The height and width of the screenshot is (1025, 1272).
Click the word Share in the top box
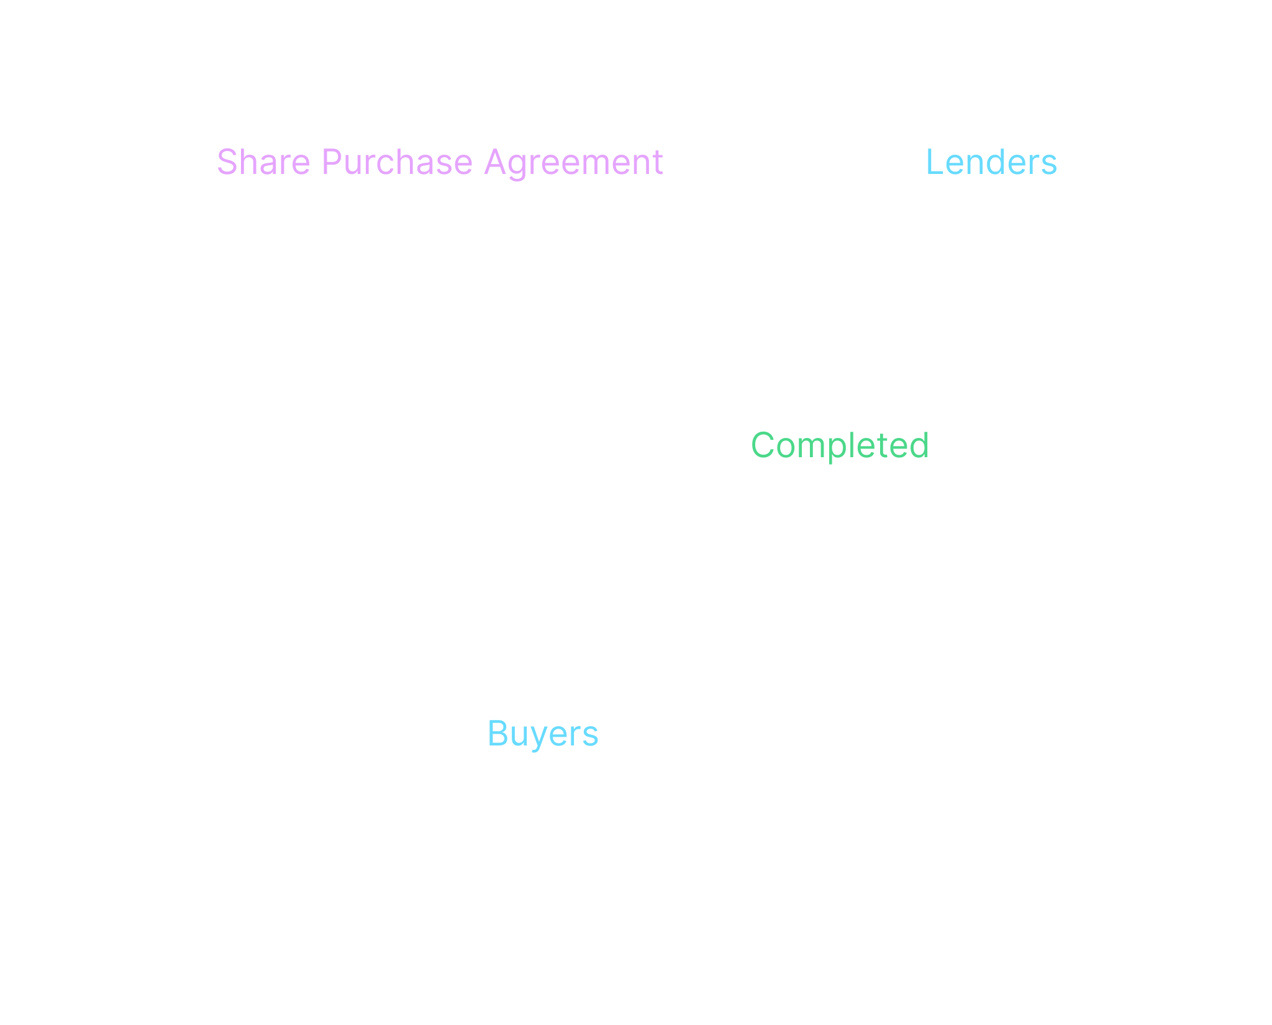[263, 163]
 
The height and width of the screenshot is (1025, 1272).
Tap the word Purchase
[397, 163]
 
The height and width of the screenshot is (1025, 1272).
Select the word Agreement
[573, 163]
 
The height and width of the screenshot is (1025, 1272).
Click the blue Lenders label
[991, 163]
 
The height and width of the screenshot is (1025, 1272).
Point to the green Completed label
[840, 445]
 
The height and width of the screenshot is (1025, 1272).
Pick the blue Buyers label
[543, 734]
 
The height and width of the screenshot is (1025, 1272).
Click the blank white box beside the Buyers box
[972, 700]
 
